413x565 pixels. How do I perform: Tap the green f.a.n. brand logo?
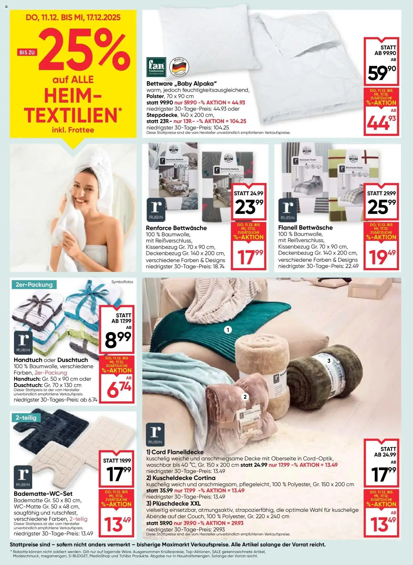point(156,66)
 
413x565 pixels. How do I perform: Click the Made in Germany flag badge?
point(179,67)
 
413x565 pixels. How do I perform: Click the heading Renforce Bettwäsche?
point(176,228)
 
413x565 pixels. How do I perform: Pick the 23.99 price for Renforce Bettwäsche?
point(249,207)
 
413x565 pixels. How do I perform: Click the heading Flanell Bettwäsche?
point(305,227)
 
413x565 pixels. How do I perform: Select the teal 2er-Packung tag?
point(34,284)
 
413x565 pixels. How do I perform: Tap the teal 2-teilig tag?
point(26,417)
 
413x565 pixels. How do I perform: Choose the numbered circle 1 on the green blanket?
point(228,330)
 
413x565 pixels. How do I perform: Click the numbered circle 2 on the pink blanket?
point(245,397)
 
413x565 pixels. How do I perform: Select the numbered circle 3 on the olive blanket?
point(329,361)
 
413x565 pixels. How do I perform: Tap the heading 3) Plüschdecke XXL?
point(173,503)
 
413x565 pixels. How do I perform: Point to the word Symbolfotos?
point(122,282)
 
